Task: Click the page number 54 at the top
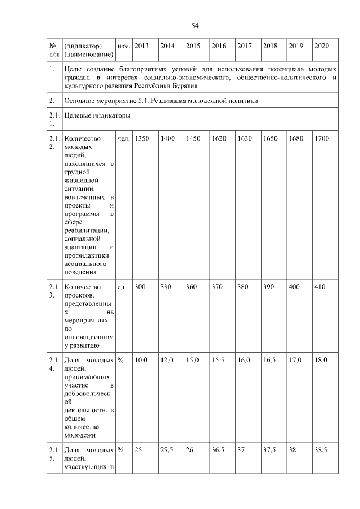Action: point(195,26)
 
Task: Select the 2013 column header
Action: point(142,45)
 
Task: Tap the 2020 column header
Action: point(322,45)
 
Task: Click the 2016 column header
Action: point(219,45)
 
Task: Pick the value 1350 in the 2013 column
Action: point(142,138)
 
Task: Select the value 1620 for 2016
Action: point(219,138)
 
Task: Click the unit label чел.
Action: point(123,138)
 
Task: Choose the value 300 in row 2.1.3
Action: point(139,287)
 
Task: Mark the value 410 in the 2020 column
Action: point(320,287)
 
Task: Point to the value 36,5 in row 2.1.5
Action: point(218,451)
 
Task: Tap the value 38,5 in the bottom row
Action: point(321,451)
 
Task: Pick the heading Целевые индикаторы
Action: point(97,116)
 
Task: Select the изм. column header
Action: point(123,45)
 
